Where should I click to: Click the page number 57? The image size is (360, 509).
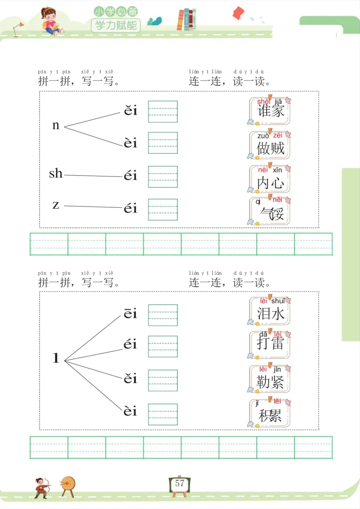180,484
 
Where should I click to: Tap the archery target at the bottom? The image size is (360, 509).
68,484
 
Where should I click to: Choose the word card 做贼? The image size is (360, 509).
270,144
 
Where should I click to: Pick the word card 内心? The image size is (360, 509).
270,179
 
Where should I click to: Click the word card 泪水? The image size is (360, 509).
270,311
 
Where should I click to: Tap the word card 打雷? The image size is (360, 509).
270,344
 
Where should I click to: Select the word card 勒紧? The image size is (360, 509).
270,379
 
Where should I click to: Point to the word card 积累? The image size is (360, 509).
270,413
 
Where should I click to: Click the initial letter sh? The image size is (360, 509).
56,173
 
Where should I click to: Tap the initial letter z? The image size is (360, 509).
56,205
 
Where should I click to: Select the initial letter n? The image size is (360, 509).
56,125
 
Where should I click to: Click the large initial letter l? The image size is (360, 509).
56,358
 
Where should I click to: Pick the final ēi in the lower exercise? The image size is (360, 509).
130,314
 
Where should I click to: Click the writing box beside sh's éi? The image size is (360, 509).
163,177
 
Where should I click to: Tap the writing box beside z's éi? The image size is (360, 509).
163,210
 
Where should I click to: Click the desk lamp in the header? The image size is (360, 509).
18,28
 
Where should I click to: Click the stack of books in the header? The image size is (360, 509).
186,20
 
